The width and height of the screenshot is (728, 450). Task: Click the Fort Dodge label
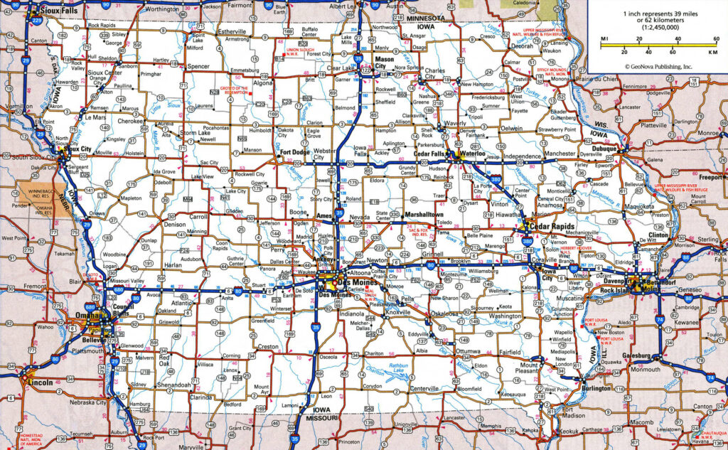pos(295,151)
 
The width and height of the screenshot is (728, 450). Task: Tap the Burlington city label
pos(595,388)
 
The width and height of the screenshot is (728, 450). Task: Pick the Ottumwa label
pos(468,350)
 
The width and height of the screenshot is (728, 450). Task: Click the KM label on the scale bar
pos(712,53)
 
